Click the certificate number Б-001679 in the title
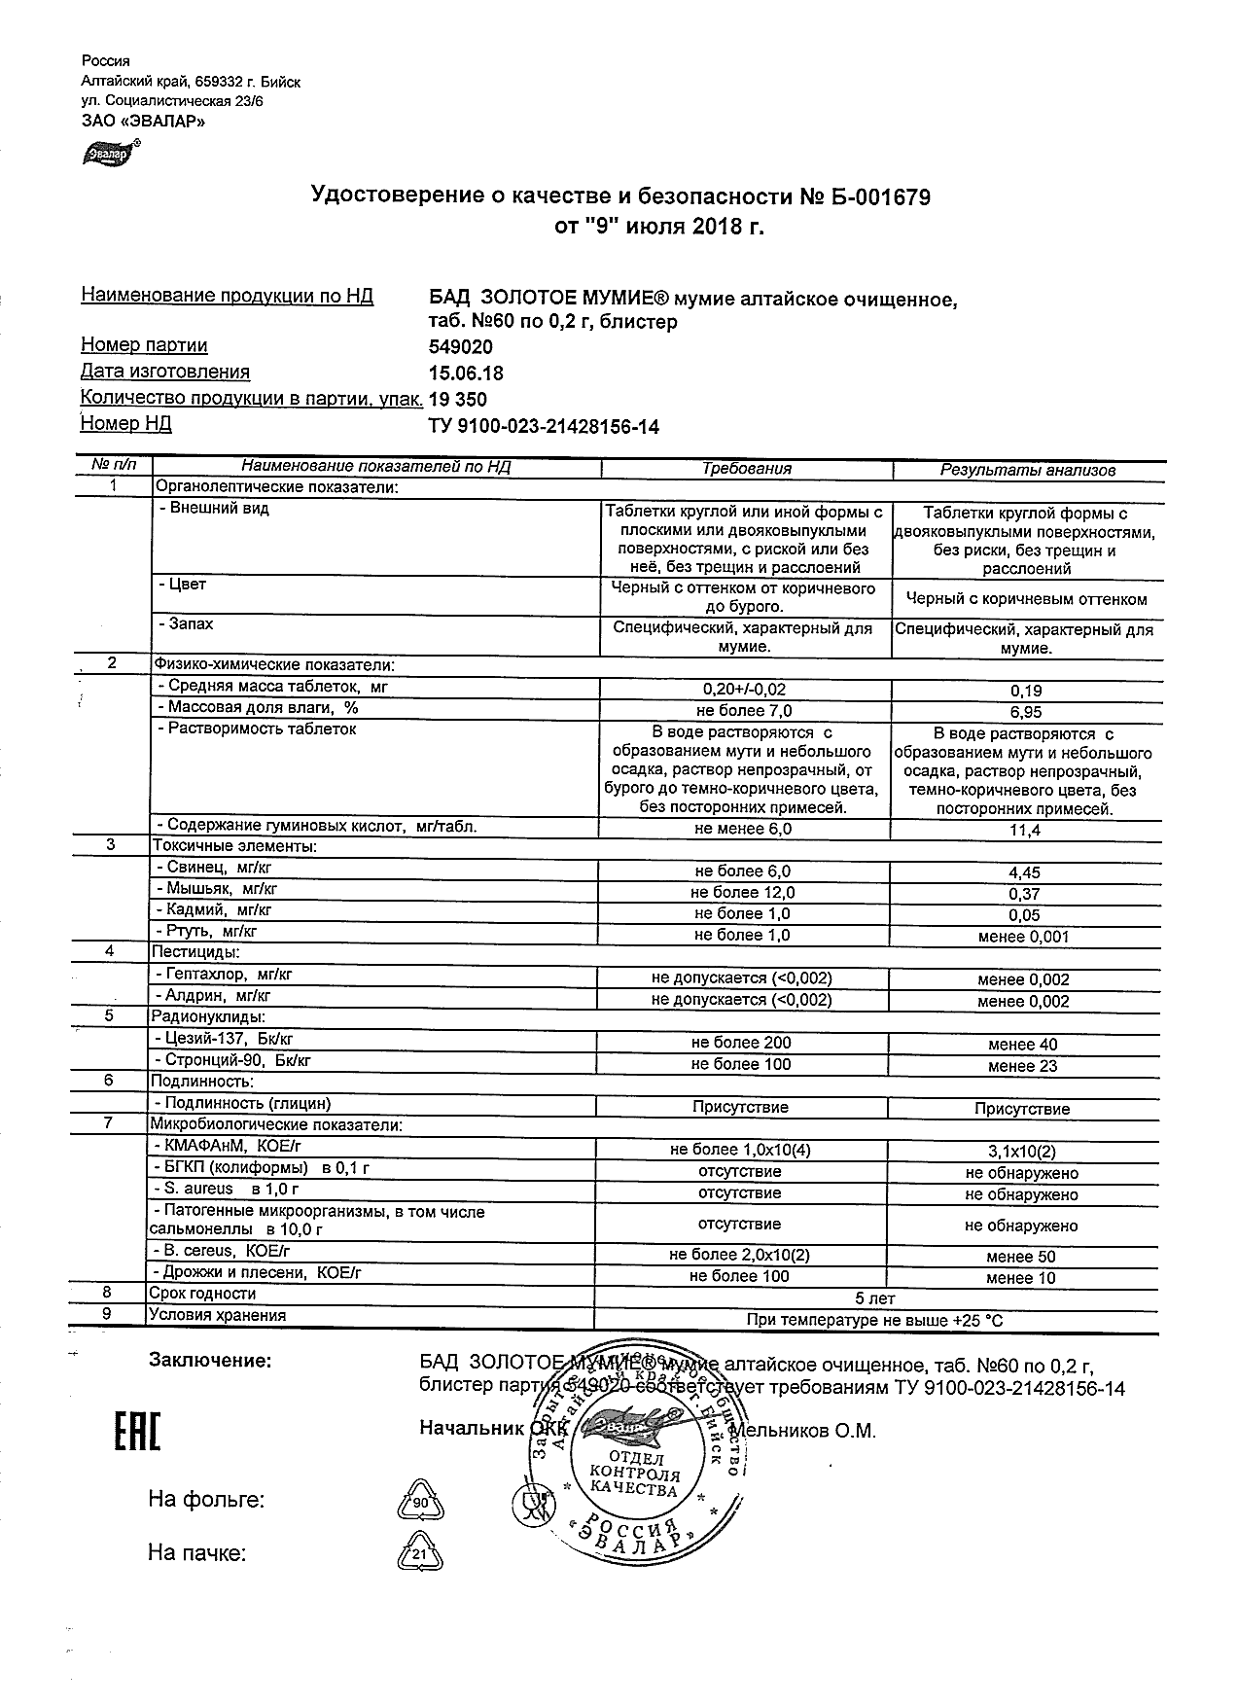point(879,197)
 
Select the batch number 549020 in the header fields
point(460,347)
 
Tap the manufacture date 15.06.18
point(466,373)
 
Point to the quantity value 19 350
point(457,400)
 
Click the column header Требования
point(746,469)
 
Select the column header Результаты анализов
point(1027,470)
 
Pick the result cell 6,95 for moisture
point(1025,712)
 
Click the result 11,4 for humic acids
point(1025,830)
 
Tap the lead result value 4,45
point(1025,872)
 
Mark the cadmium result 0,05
point(1025,915)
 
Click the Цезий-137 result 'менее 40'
point(1022,1045)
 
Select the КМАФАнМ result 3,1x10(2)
point(1021,1152)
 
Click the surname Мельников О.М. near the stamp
point(802,1431)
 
